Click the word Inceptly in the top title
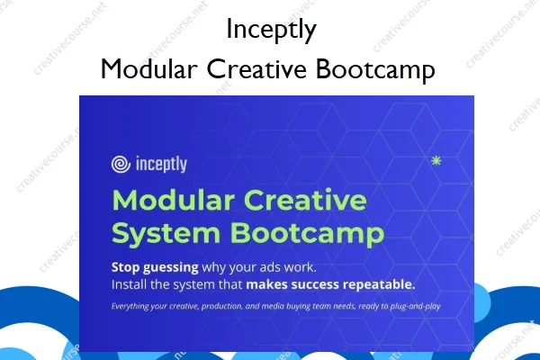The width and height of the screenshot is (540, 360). pyautogui.click(x=270, y=30)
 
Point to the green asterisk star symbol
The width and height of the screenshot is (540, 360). pyautogui.click(x=436, y=161)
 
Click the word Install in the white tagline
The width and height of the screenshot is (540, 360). pyautogui.click(x=130, y=285)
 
